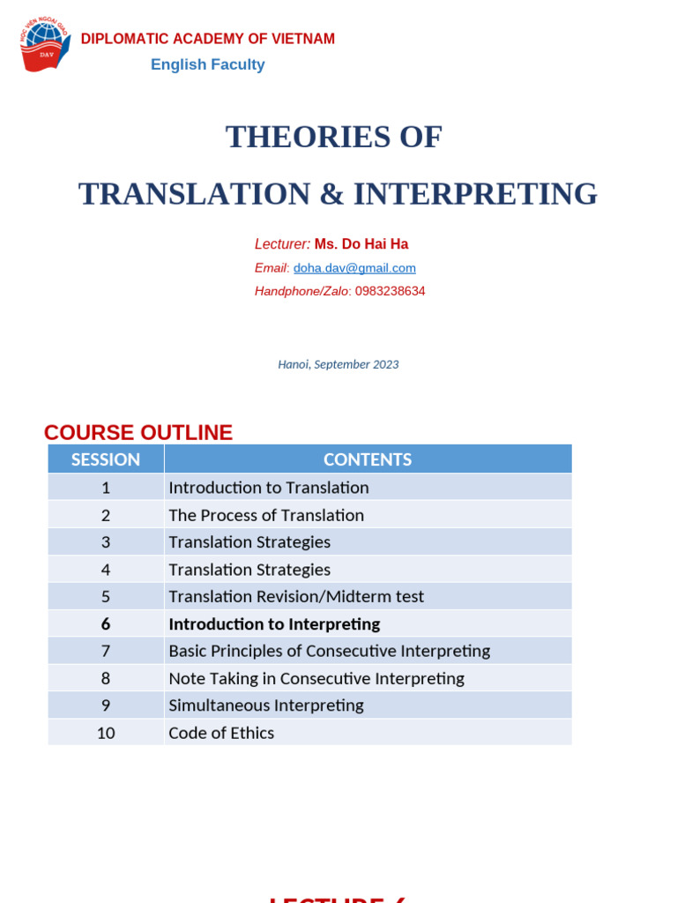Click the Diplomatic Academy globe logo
pos(44,46)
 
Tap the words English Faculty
pos(207,64)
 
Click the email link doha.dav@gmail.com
pos(354,268)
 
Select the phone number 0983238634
pos(390,291)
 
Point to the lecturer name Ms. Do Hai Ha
pos(361,244)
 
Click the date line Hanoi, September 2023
pos(338,364)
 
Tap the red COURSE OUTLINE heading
pos(138,432)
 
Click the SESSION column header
pos(106,459)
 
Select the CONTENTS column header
pos(368,459)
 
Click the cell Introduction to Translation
pos(269,488)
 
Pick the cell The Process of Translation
pos(266,515)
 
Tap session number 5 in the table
pos(106,597)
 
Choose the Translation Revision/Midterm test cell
pos(296,597)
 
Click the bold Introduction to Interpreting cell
pos(274,624)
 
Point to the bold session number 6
pos(106,624)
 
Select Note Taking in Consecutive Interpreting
pos(316,678)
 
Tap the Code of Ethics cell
pos(221,733)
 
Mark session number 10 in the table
pos(106,733)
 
